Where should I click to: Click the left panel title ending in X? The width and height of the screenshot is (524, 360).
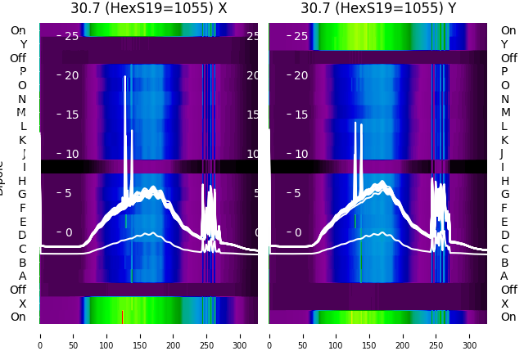point(148,9)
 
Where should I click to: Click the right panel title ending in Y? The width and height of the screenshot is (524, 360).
point(378,9)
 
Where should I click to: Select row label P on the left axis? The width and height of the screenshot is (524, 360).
point(22,71)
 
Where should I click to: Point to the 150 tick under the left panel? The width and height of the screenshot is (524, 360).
point(140,335)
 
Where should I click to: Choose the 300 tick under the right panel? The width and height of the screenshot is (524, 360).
point(471,335)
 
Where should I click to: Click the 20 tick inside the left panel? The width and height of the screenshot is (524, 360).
point(71,75)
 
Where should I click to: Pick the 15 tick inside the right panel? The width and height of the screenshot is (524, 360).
point(301,115)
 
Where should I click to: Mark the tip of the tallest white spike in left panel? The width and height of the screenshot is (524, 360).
point(124,77)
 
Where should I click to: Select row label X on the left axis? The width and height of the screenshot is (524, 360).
point(22,304)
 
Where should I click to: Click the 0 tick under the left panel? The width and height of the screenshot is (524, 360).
point(40,335)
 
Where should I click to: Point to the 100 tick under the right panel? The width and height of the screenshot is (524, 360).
point(337,335)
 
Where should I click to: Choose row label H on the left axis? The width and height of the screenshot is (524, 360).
point(22,181)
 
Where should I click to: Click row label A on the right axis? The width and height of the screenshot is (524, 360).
point(504,276)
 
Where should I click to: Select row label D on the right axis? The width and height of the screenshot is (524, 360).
point(504,235)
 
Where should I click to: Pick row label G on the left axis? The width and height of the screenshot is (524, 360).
point(22,194)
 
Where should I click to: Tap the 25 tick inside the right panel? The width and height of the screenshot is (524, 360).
point(301,36)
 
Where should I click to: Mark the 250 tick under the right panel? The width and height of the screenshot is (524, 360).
point(437,335)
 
